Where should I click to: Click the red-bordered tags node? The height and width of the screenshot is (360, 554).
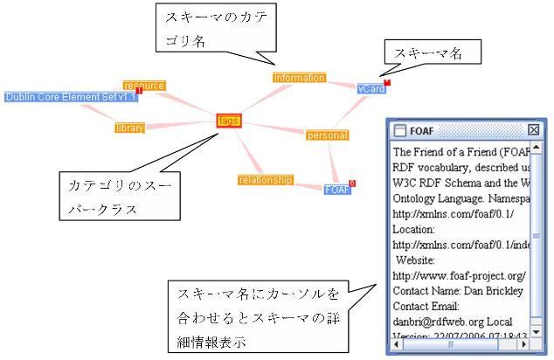(x=229, y=121)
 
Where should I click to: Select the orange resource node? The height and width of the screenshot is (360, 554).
(x=144, y=86)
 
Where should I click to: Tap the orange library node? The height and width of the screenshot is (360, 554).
(x=129, y=128)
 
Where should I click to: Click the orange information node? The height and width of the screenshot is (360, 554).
(x=299, y=78)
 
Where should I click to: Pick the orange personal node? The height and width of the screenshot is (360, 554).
(x=327, y=135)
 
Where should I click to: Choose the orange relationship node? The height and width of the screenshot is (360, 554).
(x=265, y=180)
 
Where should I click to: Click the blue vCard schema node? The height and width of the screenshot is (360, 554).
(x=371, y=88)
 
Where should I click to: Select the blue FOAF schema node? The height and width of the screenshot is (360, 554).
(x=336, y=190)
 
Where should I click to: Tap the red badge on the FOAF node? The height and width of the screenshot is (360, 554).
(x=352, y=183)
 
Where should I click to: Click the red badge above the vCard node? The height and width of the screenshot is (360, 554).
(x=387, y=82)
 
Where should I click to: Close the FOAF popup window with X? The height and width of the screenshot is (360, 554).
(x=534, y=130)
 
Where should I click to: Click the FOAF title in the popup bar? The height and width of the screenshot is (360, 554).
(x=422, y=130)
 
